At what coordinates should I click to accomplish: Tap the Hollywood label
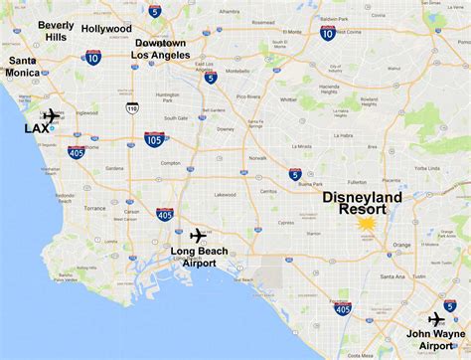107,29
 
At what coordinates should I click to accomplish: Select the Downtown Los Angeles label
161,50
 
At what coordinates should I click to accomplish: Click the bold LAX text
37,128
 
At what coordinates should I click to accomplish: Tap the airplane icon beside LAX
51,114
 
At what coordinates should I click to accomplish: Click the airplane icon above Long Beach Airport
196,235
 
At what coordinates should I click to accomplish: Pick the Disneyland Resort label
363,205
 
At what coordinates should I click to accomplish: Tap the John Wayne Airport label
434,340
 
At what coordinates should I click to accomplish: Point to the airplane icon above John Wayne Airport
434,318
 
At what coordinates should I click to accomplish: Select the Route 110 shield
132,107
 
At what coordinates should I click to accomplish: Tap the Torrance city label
95,208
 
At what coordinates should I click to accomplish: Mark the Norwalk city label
257,157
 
